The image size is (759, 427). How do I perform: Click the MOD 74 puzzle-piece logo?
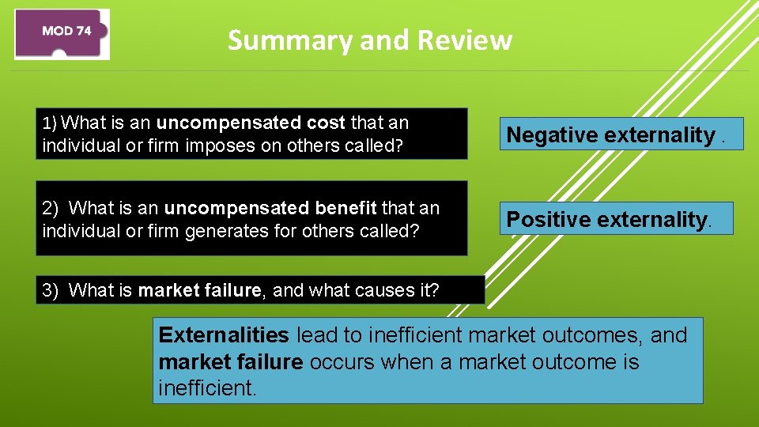pos(62,33)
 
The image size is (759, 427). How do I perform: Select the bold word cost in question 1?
pos(327,123)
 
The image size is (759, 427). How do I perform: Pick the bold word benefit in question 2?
pos(346,208)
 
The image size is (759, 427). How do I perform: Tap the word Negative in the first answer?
pos(553,135)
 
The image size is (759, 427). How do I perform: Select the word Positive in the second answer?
pos(548,219)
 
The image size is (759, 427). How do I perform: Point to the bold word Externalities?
pos(224,335)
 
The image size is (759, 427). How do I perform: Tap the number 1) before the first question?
pos(50,123)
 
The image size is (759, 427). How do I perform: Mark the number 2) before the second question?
pos(51,208)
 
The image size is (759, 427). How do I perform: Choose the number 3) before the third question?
pos(51,290)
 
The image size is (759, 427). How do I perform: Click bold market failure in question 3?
pos(199,290)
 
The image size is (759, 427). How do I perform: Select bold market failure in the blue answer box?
pos(230,362)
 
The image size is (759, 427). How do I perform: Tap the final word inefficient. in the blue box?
pos(207,388)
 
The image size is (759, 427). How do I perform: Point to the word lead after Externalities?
pos(317,335)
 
